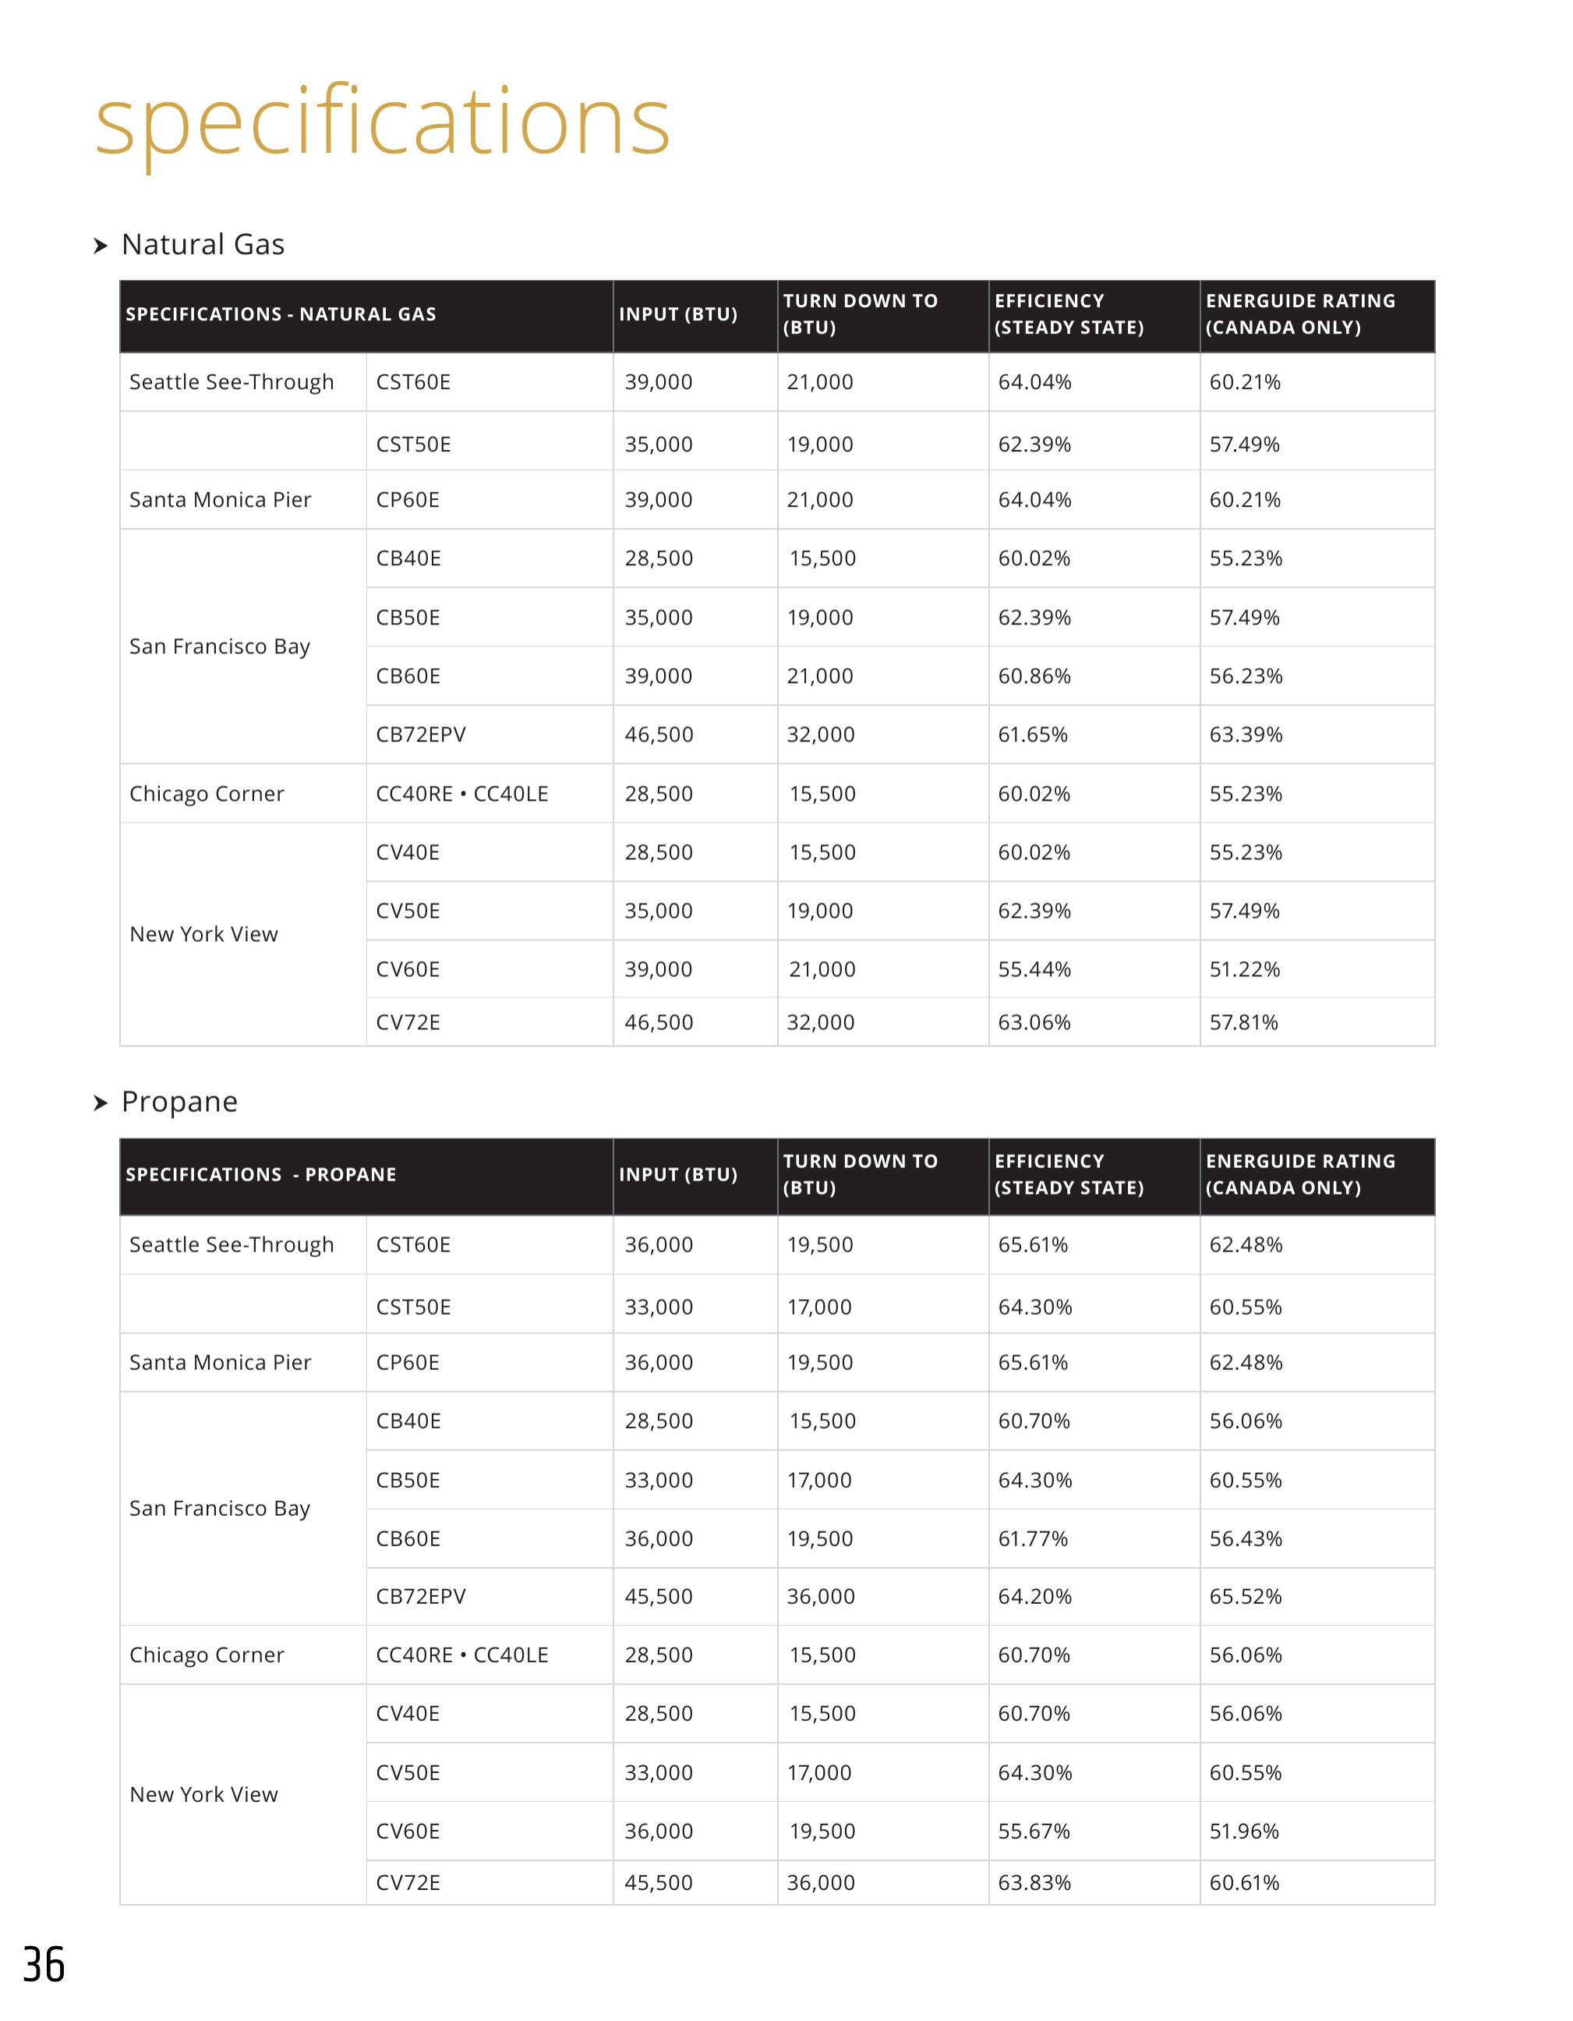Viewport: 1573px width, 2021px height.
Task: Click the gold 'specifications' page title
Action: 382,123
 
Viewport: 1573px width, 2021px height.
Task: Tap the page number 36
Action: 44,1965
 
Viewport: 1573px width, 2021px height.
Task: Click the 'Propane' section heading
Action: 179,1101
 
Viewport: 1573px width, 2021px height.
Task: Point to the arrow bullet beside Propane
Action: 101,1103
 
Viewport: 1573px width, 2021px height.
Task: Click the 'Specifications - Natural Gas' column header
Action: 281,315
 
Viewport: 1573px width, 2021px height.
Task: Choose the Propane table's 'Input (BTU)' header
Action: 677,1174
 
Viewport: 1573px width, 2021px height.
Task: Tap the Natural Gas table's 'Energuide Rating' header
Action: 1300,313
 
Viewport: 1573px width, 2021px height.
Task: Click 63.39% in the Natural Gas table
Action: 1246,734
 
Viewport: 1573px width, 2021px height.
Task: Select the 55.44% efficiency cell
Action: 1034,970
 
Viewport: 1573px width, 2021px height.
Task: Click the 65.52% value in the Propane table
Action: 1246,1596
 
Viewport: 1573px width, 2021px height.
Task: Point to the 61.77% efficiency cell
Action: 1033,1539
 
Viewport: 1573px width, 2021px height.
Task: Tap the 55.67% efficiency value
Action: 1034,1832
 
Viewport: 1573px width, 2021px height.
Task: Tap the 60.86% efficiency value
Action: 1034,677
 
